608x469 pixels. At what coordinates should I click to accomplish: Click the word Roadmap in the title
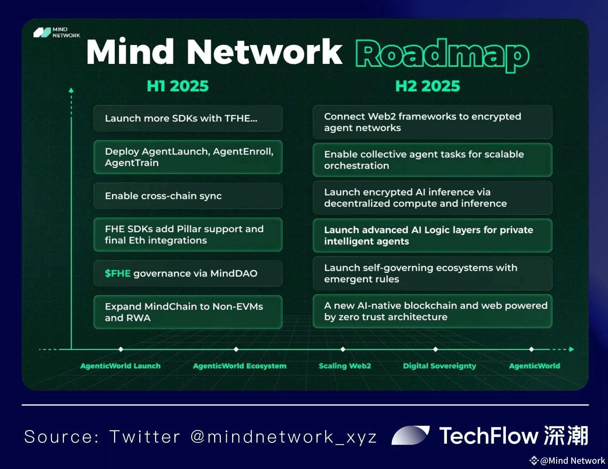442,55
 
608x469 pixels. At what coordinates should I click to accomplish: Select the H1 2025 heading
178,86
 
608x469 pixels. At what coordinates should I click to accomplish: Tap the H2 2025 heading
427,86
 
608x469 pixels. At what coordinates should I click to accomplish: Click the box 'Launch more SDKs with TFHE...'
188,118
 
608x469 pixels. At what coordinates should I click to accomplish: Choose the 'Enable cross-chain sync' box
188,196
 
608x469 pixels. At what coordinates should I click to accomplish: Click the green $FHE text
118,273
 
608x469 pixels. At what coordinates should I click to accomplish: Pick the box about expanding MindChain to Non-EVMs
188,312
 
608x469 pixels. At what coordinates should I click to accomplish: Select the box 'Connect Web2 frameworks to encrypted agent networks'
432,122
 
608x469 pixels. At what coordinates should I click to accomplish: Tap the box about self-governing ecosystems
432,273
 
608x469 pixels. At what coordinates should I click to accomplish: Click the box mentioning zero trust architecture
432,311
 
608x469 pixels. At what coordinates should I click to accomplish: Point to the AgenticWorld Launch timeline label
120,366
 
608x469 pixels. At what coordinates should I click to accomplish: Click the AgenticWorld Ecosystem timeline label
240,366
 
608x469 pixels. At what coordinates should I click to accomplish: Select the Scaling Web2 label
345,366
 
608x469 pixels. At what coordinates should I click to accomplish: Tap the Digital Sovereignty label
439,366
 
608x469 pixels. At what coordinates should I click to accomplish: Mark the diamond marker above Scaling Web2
343,349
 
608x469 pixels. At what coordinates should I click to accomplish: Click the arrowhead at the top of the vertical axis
71,90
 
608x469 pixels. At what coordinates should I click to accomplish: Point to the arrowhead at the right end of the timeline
572,349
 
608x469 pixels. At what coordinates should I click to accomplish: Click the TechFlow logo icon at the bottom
411,435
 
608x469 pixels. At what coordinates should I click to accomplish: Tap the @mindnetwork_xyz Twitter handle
284,437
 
